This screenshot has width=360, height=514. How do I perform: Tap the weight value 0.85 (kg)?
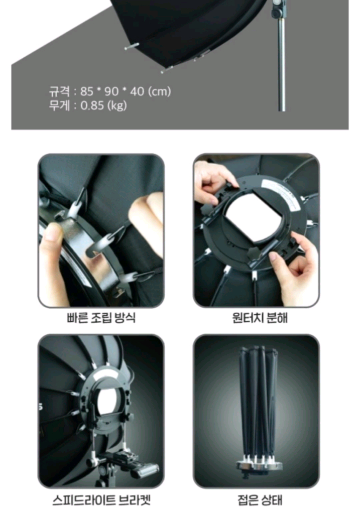pyautogui.click(x=103, y=105)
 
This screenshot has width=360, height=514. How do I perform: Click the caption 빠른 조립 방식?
pyautogui.click(x=101, y=318)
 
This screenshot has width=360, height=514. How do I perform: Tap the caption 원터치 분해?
pyautogui.click(x=260, y=318)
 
